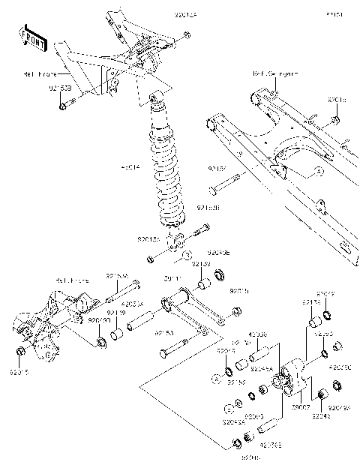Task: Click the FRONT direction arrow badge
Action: (x=33, y=38)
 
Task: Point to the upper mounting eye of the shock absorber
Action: (x=155, y=97)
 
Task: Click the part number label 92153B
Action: (x=60, y=88)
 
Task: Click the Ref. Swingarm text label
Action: (x=274, y=73)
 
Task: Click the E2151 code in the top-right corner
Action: (x=335, y=14)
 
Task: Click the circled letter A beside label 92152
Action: (x=214, y=381)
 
